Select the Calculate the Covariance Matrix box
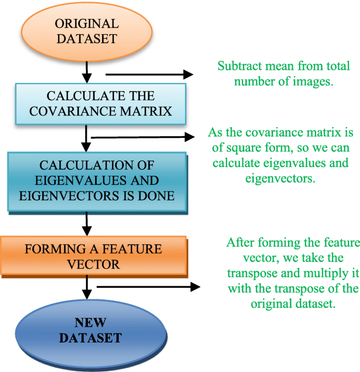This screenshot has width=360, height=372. pyautogui.click(x=101, y=104)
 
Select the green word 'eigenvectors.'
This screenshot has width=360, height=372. pyautogui.click(x=280, y=178)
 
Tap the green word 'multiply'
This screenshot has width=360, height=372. pyautogui.click(x=316, y=274)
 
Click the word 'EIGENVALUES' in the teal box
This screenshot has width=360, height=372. pyautogui.click(x=74, y=180)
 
